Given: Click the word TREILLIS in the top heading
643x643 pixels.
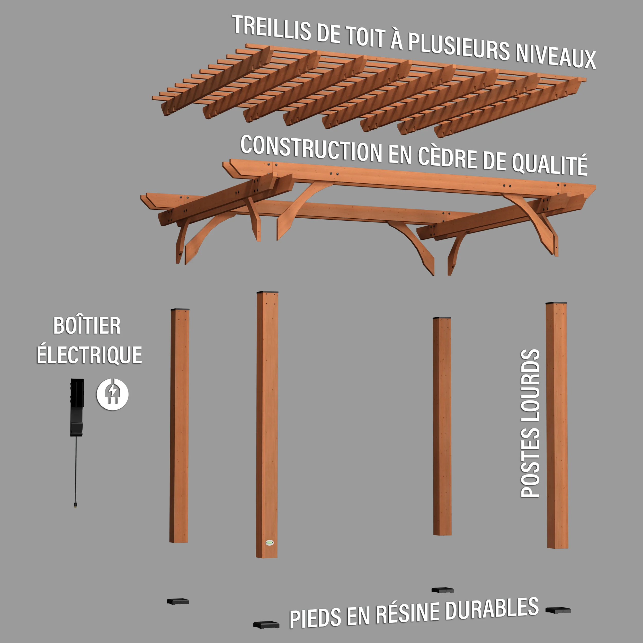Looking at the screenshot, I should click(x=271, y=28).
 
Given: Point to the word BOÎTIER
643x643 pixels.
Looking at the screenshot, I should click(x=87, y=326).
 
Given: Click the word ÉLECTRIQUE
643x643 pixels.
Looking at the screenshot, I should click(x=89, y=355).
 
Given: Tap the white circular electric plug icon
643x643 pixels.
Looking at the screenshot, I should click(x=112, y=394).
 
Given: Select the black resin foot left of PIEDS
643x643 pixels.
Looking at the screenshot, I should click(x=266, y=624).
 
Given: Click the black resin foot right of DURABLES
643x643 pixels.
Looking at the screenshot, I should click(x=558, y=610).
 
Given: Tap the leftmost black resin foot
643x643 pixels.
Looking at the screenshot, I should click(x=178, y=601).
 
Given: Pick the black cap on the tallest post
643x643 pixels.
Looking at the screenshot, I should click(x=267, y=292).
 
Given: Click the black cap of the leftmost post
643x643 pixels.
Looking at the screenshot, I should click(x=180, y=309).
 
